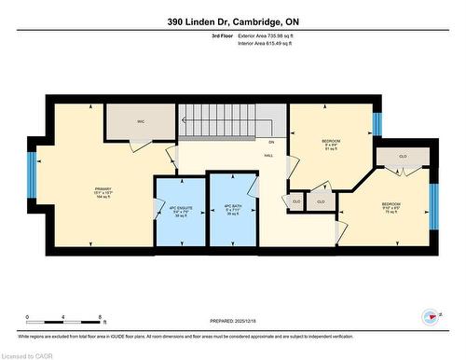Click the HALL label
coord(268,155)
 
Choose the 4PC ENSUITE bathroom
coord(179,209)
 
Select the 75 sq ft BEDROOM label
coord(391,207)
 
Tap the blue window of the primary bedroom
coord(32,174)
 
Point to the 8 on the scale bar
coord(99,317)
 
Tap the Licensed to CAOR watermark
coord(27,354)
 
